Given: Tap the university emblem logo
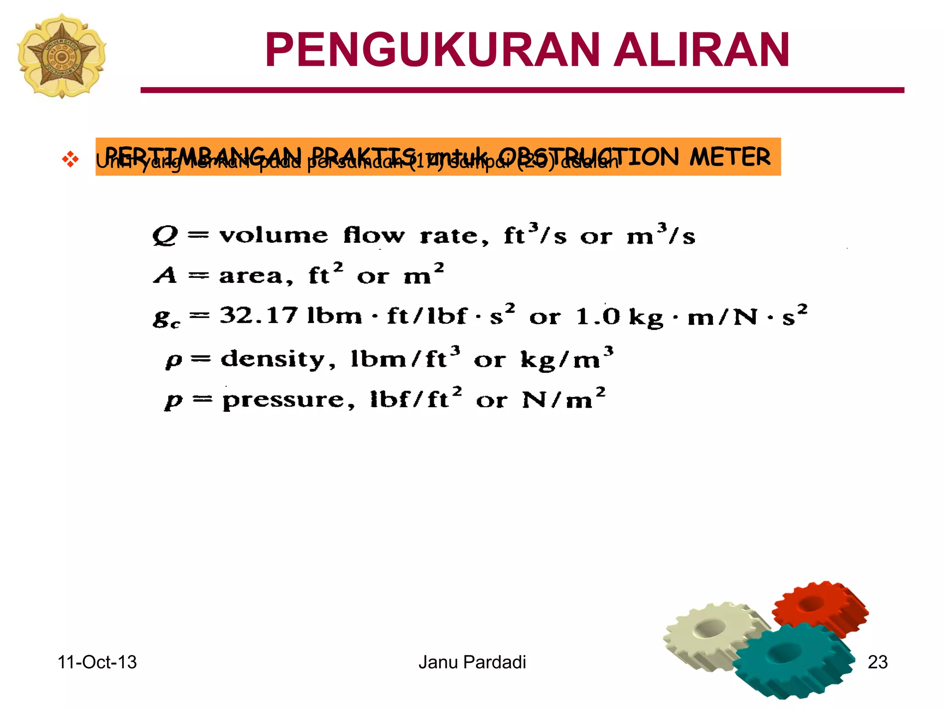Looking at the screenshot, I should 61,56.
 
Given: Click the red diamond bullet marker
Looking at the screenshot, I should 70,159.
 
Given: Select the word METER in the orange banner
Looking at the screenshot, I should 730,156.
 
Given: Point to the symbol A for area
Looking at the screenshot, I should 165,276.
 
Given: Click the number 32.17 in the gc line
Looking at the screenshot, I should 258,316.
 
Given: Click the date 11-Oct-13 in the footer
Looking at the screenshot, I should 97,662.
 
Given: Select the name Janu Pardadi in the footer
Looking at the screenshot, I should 472,662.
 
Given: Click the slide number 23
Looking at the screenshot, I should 878,662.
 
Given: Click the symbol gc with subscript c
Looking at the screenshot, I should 166,318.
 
